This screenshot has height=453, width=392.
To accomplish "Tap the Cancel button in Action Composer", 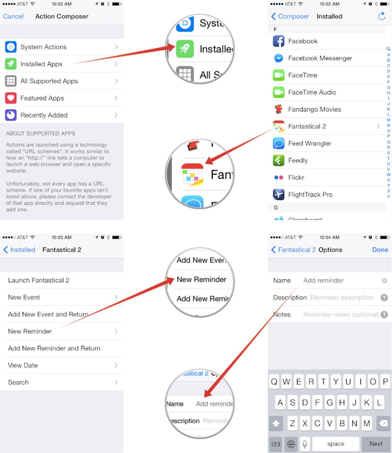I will (x=13, y=16).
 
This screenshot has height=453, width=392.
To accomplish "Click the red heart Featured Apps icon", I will (x=11, y=98).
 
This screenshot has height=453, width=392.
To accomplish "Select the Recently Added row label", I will (x=44, y=115).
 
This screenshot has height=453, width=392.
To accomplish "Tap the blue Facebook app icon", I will (x=279, y=41).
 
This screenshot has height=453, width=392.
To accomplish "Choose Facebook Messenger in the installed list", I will (x=320, y=58).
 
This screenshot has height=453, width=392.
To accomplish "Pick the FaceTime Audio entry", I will (x=312, y=92).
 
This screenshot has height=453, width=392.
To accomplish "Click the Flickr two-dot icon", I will (x=279, y=177).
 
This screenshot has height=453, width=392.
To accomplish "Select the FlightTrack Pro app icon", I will (x=279, y=194).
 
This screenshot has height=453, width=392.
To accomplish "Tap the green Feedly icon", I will (x=279, y=160).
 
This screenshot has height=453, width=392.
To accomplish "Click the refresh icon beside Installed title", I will (x=382, y=16).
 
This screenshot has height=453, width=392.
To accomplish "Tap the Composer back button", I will (x=290, y=16).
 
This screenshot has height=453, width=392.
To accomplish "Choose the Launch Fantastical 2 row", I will (x=39, y=280).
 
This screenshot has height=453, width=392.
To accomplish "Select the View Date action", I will (x=23, y=365).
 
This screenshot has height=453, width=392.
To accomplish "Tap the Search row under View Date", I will (x=18, y=382).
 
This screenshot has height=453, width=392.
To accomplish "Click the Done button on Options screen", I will (x=380, y=250).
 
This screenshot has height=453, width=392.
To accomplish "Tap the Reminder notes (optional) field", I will (x=341, y=314).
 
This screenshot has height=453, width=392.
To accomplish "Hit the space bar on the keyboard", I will (x=335, y=444).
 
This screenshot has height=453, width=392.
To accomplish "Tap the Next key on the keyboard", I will (x=376, y=444).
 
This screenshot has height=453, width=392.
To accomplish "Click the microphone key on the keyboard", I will (x=304, y=444).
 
